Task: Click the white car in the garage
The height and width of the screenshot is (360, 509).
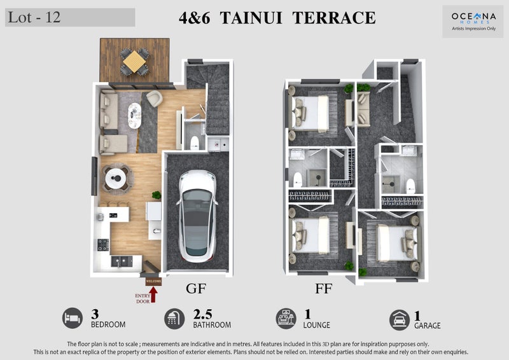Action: pyautogui.click(x=197, y=216)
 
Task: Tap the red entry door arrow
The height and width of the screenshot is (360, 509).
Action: pyautogui.click(x=153, y=294)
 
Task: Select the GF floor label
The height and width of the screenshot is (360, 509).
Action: pyautogui.click(x=196, y=288)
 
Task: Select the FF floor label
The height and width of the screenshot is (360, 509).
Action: pyautogui.click(x=323, y=288)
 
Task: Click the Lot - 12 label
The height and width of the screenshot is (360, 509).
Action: pyautogui.click(x=34, y=17)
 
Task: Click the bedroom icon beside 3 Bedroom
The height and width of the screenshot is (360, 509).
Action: pyautogui.click(x=73, y=318)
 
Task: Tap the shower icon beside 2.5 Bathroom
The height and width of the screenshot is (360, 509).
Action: pyautogui.click(x=174, y=319)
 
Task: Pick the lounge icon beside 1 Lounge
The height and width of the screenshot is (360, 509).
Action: pyautogui.click(x=286, y=319)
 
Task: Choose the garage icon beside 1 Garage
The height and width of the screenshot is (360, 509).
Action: pyautogui.click(x=400, y=320)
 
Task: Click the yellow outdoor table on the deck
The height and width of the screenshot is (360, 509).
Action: pyautogui.click(x=134, y=61)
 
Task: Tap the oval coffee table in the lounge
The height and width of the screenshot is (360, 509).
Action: pyautogui.click(x=135, y=116)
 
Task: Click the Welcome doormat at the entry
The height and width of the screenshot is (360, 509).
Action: pyautogui.click(x=153, y=281)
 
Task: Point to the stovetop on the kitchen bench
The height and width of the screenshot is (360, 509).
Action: pyautogui.click(x=103, y=245)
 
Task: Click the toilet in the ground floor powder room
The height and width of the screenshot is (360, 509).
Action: pyautogui.click(x=195, y=142)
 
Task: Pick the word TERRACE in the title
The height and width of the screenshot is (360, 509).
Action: pyautogui.click(x=334, y=18)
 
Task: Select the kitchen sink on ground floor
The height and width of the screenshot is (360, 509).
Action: pyautogui.click(x=122, y=261)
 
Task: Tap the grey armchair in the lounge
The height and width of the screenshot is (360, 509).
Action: pyautogui.click(x=154, y=98)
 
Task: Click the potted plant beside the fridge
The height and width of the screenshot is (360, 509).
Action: pyautogui.click(x=157, y=195)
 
